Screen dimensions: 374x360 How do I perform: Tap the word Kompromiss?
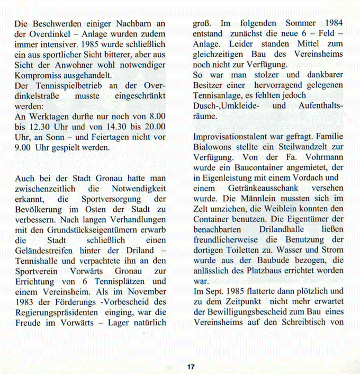pyautogui.click(x=39, y=75)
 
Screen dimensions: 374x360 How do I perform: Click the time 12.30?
pyautogui.click(x=38, y=126)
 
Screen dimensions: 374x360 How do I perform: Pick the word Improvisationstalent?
pyautogui.click(x=236, y=136)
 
